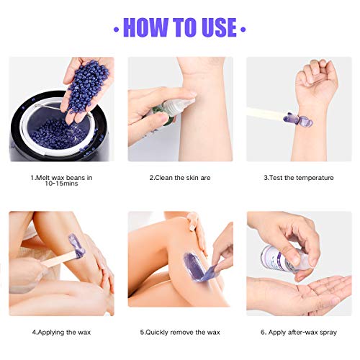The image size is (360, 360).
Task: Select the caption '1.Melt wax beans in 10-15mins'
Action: [x=60, y=181]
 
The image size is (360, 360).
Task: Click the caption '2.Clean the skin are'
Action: [x=180, y=176]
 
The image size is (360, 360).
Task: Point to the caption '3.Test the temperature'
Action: [x=298, y=176]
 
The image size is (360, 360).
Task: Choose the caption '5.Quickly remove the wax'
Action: [x=180, y=332]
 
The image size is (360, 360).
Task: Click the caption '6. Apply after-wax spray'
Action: [x=299, y=332]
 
